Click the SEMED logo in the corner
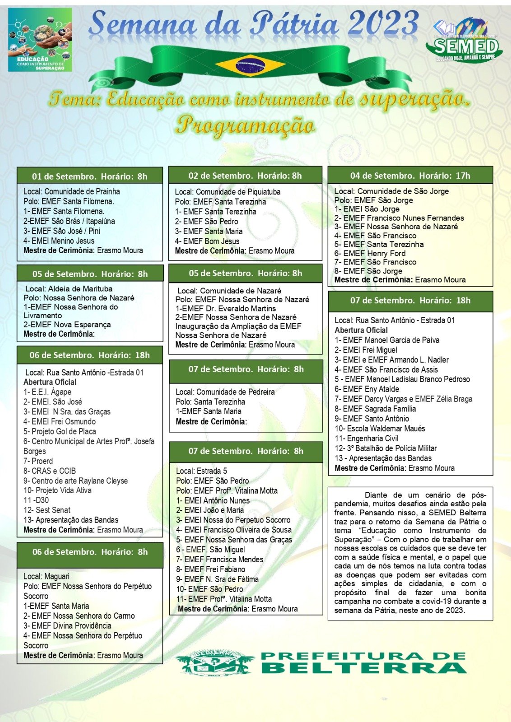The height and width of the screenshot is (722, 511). [463, 41]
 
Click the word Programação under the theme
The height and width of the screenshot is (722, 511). [245, 125]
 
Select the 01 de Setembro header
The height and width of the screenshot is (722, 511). [89, 176]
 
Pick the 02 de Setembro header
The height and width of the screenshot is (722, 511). [245, 176]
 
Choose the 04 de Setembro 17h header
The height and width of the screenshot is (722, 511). [410, 176]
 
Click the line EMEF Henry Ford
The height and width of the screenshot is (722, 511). [370, 253]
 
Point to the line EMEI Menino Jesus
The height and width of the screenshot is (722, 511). [59, 241]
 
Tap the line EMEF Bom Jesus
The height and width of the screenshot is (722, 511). [207, 241]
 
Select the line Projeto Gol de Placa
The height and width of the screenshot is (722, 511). [60, 431]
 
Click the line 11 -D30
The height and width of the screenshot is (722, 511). [36, 500]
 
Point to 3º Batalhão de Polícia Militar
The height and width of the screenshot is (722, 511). [386, 448]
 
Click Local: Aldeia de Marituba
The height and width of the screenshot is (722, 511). [69, 289]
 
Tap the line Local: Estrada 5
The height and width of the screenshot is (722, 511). [201, 471]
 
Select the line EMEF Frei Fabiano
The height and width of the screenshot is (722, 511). [210, 569]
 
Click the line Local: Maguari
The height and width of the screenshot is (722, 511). [46, 576]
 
